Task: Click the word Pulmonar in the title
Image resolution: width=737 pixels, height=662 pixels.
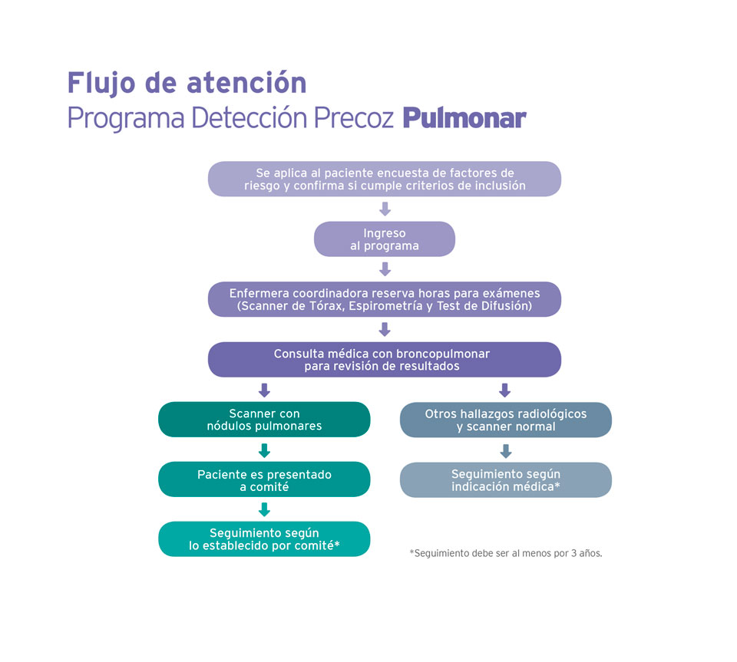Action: point(464,119)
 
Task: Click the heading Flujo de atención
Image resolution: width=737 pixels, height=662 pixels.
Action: point(187,82)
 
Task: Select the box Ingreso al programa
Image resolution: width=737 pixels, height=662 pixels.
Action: point(385,239)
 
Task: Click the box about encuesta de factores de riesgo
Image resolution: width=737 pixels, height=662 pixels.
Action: point(385,179)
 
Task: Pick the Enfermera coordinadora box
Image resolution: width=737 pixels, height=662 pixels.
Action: point(385,299)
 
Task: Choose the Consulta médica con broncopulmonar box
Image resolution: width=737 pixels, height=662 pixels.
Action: point(385,359)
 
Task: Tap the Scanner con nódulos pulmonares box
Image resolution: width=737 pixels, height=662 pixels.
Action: point(264,420)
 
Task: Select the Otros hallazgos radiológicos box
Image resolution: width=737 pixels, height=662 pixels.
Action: point(505,420)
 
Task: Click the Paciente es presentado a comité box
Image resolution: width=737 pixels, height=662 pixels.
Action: point(264,479)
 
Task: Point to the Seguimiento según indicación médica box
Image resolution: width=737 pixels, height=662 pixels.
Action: point(505,480)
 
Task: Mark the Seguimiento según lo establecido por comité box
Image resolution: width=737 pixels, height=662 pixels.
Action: point(264,539)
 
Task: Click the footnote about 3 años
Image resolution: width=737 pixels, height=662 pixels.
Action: point(506,552)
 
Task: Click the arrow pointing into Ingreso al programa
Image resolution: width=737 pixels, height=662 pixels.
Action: point(385,209)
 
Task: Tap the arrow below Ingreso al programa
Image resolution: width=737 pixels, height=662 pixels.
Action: point(385,268)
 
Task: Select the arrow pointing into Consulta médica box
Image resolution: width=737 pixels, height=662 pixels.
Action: point(385,329)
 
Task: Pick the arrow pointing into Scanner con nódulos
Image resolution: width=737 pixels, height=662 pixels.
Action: point(264,390)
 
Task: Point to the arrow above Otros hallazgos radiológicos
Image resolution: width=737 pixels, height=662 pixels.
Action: point(504,390)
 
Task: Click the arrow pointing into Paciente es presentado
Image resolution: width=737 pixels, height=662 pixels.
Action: point(264,450)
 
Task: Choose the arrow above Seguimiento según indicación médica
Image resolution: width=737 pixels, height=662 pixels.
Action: point(505,450)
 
